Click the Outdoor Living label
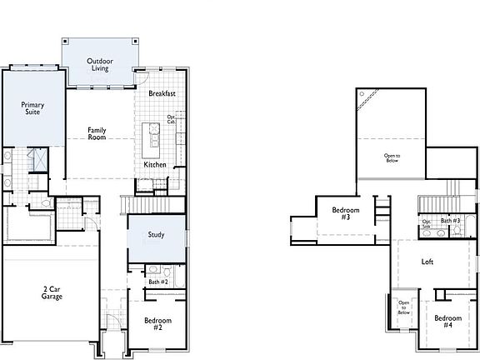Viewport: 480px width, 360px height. coord(100,64)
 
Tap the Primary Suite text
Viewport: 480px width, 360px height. coord(32,110)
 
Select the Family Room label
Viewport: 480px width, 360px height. coord(97,133)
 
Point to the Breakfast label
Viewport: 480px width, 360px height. coord(162,94)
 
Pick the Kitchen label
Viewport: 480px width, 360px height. coord(155,165)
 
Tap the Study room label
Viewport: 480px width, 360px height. coord(155,235)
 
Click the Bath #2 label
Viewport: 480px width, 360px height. coord(158,282)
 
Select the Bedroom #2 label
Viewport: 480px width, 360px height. coord(157,324)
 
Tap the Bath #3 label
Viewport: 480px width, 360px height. coord(451,221)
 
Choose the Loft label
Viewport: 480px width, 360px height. coord(427,262)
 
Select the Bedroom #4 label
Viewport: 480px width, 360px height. coord(447,321)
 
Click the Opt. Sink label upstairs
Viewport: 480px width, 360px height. coord(426,223)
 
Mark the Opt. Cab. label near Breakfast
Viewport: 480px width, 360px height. coord(172,119)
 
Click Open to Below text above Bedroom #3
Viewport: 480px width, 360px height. coord(391,157)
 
